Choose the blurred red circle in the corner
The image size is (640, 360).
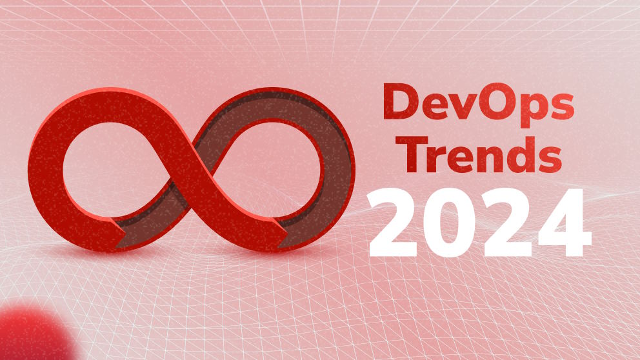[x=29, y=335]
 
